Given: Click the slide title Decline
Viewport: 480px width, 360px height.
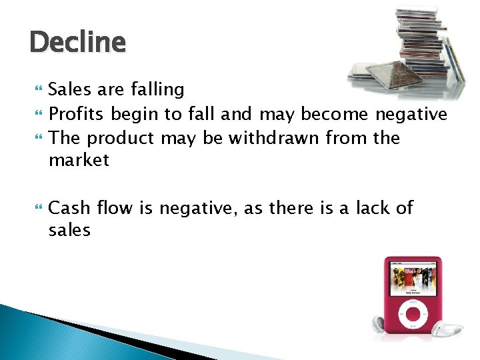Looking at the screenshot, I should [x=77, y=43].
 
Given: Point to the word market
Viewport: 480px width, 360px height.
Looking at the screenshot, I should [x=79, y=161].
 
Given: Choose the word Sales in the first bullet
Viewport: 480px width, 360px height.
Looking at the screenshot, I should [x=71, y=89].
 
